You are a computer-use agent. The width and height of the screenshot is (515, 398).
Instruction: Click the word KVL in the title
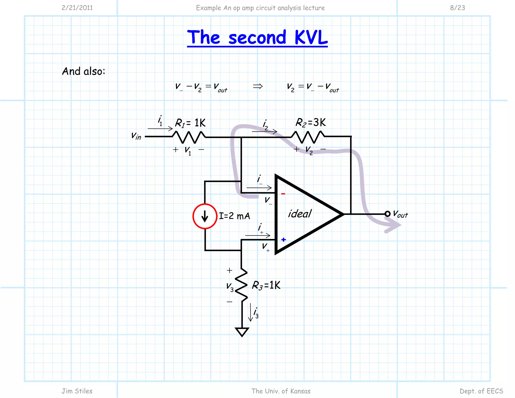pos(311,37)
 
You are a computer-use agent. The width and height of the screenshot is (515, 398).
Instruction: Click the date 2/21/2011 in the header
pos(77,8)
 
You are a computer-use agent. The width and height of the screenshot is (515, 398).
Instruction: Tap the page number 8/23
pos(457,8)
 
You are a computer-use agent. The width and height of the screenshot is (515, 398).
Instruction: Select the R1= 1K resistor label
pos(190,123)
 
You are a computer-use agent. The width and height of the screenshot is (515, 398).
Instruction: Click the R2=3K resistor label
pos(311,123)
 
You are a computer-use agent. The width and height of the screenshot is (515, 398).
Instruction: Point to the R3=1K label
pos(266,285)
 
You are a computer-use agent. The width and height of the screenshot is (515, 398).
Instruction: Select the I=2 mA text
pos(234,216)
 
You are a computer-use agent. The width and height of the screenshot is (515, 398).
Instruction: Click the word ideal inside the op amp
pos(300,214)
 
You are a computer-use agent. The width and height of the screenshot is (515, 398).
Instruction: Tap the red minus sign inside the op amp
pos(283,194)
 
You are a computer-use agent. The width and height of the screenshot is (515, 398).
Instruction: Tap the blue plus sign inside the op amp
pos(284,240)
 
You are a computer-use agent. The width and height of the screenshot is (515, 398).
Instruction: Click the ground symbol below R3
pos(242,332)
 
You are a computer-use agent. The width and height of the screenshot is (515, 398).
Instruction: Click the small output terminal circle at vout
pos(387,214)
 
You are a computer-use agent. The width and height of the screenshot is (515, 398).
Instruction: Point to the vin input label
pos(136,136)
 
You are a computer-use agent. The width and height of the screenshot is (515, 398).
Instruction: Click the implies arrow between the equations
pos(258,86)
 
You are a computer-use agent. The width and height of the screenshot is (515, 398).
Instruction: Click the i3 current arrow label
pos(256,313)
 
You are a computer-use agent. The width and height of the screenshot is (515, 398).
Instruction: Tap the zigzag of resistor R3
pos(241,285)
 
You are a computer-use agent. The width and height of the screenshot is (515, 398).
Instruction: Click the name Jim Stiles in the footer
pos(77,391)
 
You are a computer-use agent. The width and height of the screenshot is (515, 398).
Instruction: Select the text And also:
pos(83,71)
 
